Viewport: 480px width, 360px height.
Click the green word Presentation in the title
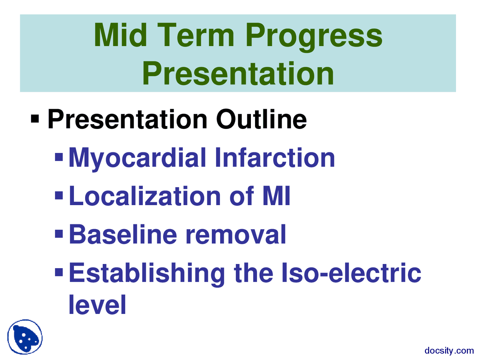pyautogui.click(x=238, y=73)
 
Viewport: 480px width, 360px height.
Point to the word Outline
pyautogui.click(x=261, y=120)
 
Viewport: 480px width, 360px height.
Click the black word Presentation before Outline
pyautogui.click(x=127, y=120)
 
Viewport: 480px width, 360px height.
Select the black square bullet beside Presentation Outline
pyautogui.click(x=35, y=120)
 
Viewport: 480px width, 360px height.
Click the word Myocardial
pyautogui.click(x=138, y=158)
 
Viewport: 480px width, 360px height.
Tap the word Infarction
pyautogui.click(x=274, y=158)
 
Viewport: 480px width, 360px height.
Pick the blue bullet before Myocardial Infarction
pyautogui.click(x=59, y=157)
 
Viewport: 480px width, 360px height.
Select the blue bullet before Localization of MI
pyautogui.click(x=59, y=195)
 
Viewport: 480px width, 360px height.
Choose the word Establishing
pyautogui.click(x=147, y=273)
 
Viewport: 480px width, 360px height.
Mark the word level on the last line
pyautogui.click(x=97, y=304)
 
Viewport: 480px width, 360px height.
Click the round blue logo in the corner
pyautogui.click(x=25, y=337)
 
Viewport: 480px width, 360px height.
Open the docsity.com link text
pyautogui.click(x=449, y=351)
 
